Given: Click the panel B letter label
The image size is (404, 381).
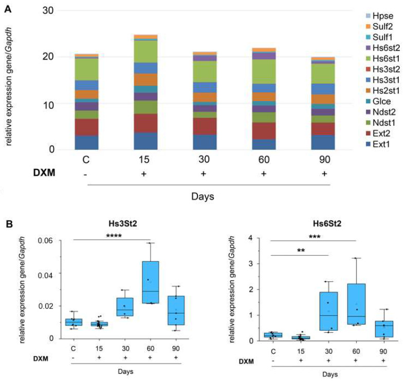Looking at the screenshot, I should [8, 224].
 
